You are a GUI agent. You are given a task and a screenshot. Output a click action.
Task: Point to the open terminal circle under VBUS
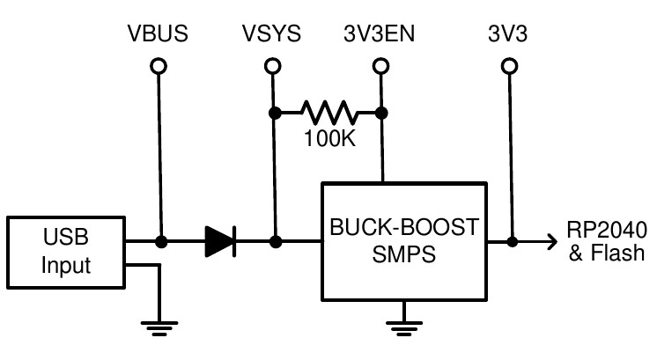tap(159, 66)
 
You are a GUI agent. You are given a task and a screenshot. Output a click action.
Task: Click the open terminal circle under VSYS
tap(274, 66)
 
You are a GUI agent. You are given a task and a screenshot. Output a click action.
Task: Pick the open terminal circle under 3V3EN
tap(380, 66)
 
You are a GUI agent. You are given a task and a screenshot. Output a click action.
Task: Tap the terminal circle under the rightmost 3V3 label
tap(509, 66)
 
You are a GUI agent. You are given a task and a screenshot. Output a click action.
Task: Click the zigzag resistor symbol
tap(328, 113)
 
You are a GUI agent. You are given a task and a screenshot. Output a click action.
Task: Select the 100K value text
tap(328, 138)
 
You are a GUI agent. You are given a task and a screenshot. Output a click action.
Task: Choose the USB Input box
tap(66, 253)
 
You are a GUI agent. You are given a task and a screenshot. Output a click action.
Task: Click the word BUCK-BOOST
tap(404, 228)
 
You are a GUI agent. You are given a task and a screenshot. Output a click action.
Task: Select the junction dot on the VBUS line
tap(160, 241)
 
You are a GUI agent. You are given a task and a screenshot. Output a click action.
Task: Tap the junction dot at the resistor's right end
tap(380, 113)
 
